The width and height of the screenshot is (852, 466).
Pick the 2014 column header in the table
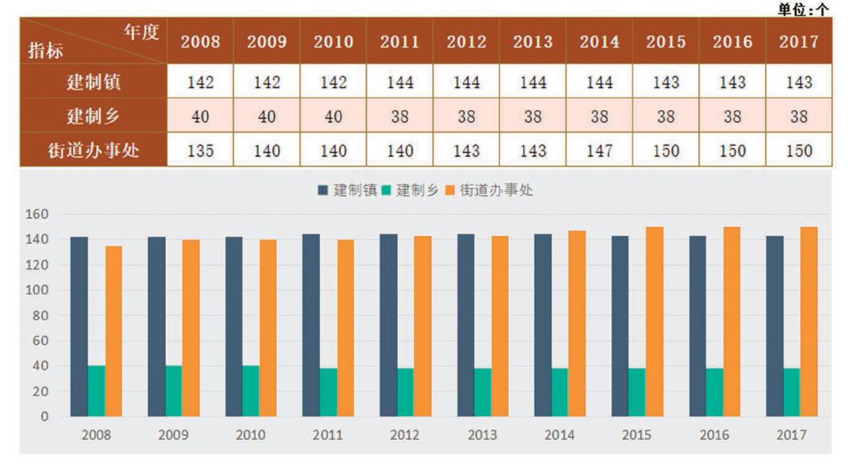coord(599,42)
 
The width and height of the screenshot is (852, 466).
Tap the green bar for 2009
coord(174,390)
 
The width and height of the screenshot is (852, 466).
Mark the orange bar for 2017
coord(808,321)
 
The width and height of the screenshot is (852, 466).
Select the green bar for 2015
coord(636,392)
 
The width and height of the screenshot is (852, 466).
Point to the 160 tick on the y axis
coord(39,214)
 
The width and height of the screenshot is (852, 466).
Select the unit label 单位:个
coord(806,9)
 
